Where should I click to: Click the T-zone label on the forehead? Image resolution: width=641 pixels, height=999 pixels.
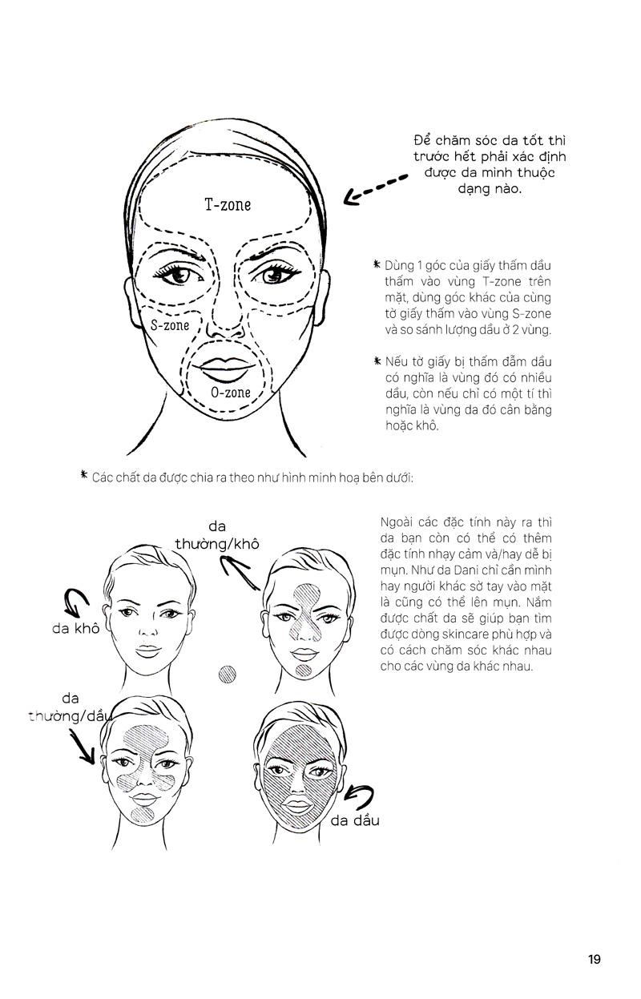pos(228,204)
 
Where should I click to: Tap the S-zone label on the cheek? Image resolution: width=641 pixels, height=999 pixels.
pos(170,325)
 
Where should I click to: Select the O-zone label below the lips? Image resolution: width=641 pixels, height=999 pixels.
pos(231,393)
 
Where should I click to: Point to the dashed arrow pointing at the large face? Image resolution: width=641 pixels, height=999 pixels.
pos(375,188)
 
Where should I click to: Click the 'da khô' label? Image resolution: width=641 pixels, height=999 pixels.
pos(75,628)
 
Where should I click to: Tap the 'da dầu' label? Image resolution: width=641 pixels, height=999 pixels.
pos(355,820)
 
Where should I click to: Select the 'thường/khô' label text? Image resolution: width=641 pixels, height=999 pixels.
pos(217,544)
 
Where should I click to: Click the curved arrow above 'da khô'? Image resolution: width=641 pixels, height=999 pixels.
pos(77,601)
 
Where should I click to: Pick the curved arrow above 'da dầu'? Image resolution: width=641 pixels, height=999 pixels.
pos(360,797)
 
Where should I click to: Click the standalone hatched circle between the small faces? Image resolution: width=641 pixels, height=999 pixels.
pos(227,675)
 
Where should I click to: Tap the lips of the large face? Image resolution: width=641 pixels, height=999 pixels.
pos(226,369)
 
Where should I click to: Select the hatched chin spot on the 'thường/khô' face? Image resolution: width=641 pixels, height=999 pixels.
pos(304,671)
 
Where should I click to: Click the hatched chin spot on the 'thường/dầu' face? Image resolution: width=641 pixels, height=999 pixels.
pos(143,816)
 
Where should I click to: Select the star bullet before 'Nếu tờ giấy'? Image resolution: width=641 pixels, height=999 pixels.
pos(378,361)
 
